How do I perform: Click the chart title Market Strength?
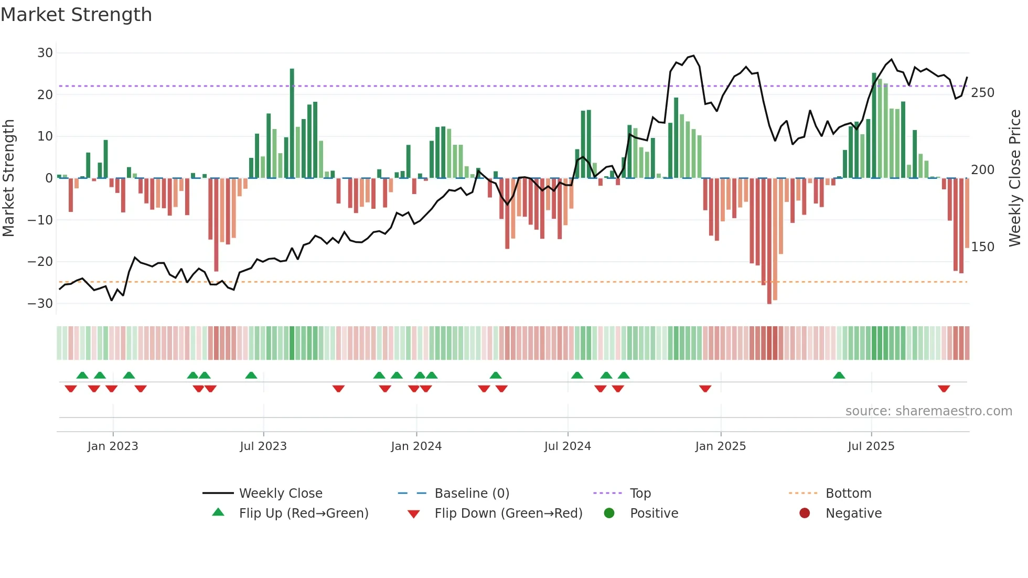76,15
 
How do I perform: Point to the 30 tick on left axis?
45,53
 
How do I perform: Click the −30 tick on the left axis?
40,304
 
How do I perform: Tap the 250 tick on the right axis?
982,93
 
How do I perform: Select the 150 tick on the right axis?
982,247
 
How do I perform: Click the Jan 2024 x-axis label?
416,446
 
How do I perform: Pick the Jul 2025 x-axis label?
871,446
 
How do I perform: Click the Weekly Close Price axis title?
1015,178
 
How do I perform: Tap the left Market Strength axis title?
9,178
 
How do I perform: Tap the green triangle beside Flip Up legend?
218,512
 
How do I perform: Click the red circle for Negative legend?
804,513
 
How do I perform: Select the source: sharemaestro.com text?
928,411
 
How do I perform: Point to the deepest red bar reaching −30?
769,241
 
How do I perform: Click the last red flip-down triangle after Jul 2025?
944,389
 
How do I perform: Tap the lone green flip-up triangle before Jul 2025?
839,375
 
